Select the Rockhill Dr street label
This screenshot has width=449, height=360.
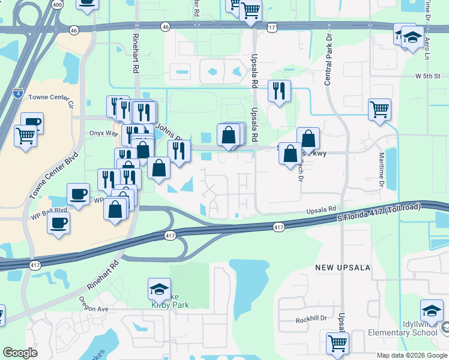[x=310, y=319]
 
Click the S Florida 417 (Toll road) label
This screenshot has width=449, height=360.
[x=378, y=213]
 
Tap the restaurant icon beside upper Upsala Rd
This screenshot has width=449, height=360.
[x=279, y=91]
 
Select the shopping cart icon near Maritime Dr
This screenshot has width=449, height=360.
[x=379, y=110]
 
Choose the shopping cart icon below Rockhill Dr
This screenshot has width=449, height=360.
[x=338, y=344]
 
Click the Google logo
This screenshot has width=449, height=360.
[x=20, y=353]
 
